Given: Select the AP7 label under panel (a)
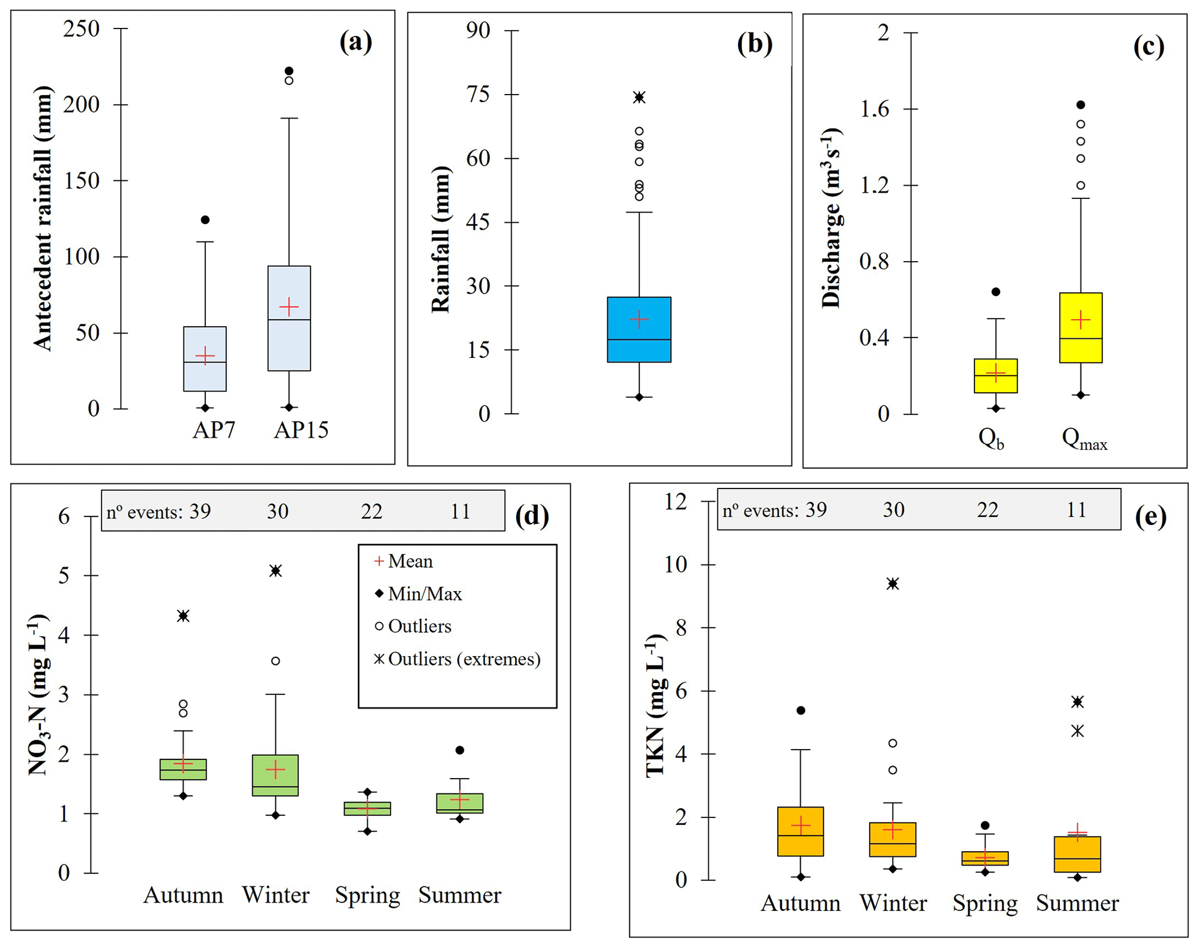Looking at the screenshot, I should [213, 430].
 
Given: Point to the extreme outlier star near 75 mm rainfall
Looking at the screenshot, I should [639, 97].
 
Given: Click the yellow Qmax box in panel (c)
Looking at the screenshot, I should [1080, 348].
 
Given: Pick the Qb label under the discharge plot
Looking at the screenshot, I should [990, 439].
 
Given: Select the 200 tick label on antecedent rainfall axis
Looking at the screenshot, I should [82, 105].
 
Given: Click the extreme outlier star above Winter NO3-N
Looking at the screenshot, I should [276, 571].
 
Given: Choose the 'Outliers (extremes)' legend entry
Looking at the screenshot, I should [458, 659].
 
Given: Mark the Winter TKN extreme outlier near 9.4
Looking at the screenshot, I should [893, 584].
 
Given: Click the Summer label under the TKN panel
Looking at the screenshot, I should [1077, 903].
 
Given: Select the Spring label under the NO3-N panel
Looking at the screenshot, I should [367, 895].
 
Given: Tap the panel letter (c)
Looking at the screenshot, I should [1148, 46].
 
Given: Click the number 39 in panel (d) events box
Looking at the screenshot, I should [200, 511].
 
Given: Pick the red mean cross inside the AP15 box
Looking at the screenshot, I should [289, 306].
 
